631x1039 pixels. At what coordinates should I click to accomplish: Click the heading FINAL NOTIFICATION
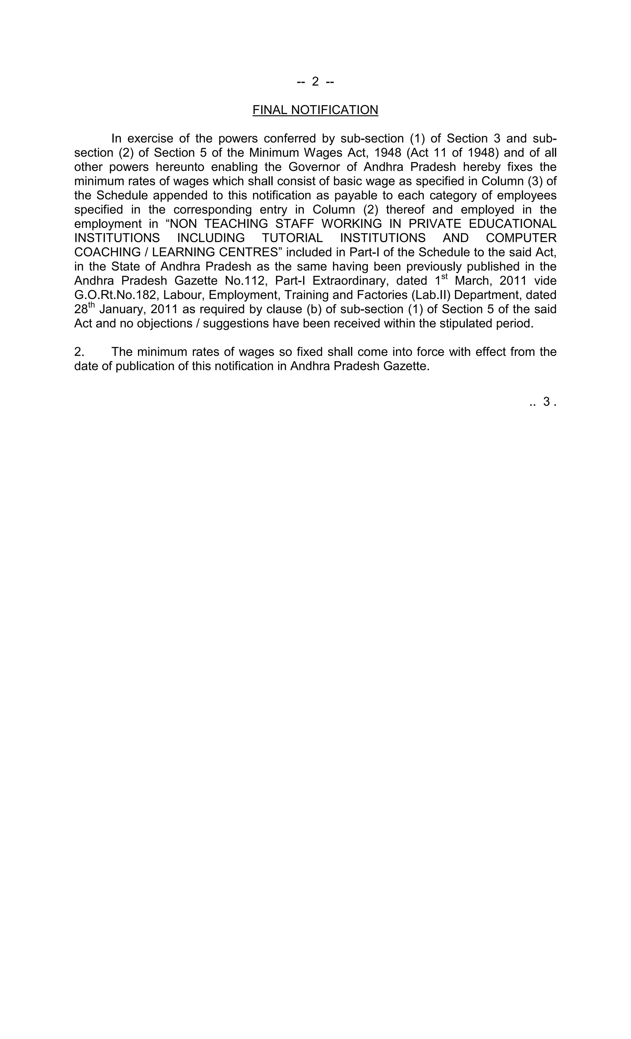[315, 110]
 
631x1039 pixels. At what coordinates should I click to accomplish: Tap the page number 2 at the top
[315, 81]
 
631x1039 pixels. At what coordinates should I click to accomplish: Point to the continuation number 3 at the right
[546, 402]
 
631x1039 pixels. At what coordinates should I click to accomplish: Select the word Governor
[314, 167]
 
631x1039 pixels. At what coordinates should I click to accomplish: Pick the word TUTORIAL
[292, 238]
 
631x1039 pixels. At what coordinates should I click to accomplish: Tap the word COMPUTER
[521, 238]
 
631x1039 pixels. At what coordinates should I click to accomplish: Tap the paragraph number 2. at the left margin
[79, 352]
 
